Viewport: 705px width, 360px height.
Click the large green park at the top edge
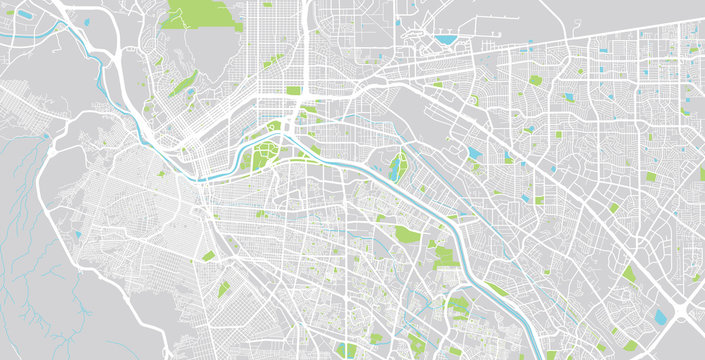200,13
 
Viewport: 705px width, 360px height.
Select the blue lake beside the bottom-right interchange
660,318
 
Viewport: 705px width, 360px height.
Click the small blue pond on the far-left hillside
76,234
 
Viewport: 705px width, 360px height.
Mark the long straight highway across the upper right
560,60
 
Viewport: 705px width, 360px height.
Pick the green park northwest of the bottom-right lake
629,273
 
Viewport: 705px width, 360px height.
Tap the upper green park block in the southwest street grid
208,256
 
